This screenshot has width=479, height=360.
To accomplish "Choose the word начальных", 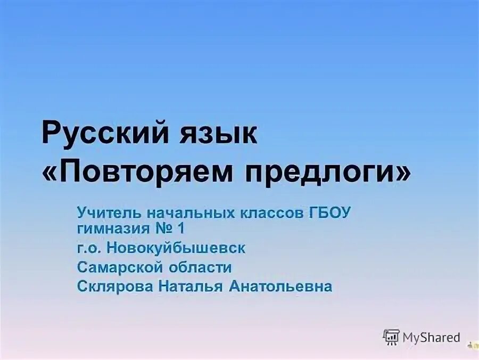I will pos(183,214).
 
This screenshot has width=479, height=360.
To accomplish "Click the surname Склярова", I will pos(115,286).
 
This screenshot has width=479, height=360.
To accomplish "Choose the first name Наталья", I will pos(189,286).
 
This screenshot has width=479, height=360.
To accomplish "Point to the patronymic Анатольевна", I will pos(280,286).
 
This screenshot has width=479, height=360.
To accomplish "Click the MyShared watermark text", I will pos(431,337).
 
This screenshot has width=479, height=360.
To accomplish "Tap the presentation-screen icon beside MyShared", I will pos(391,337).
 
